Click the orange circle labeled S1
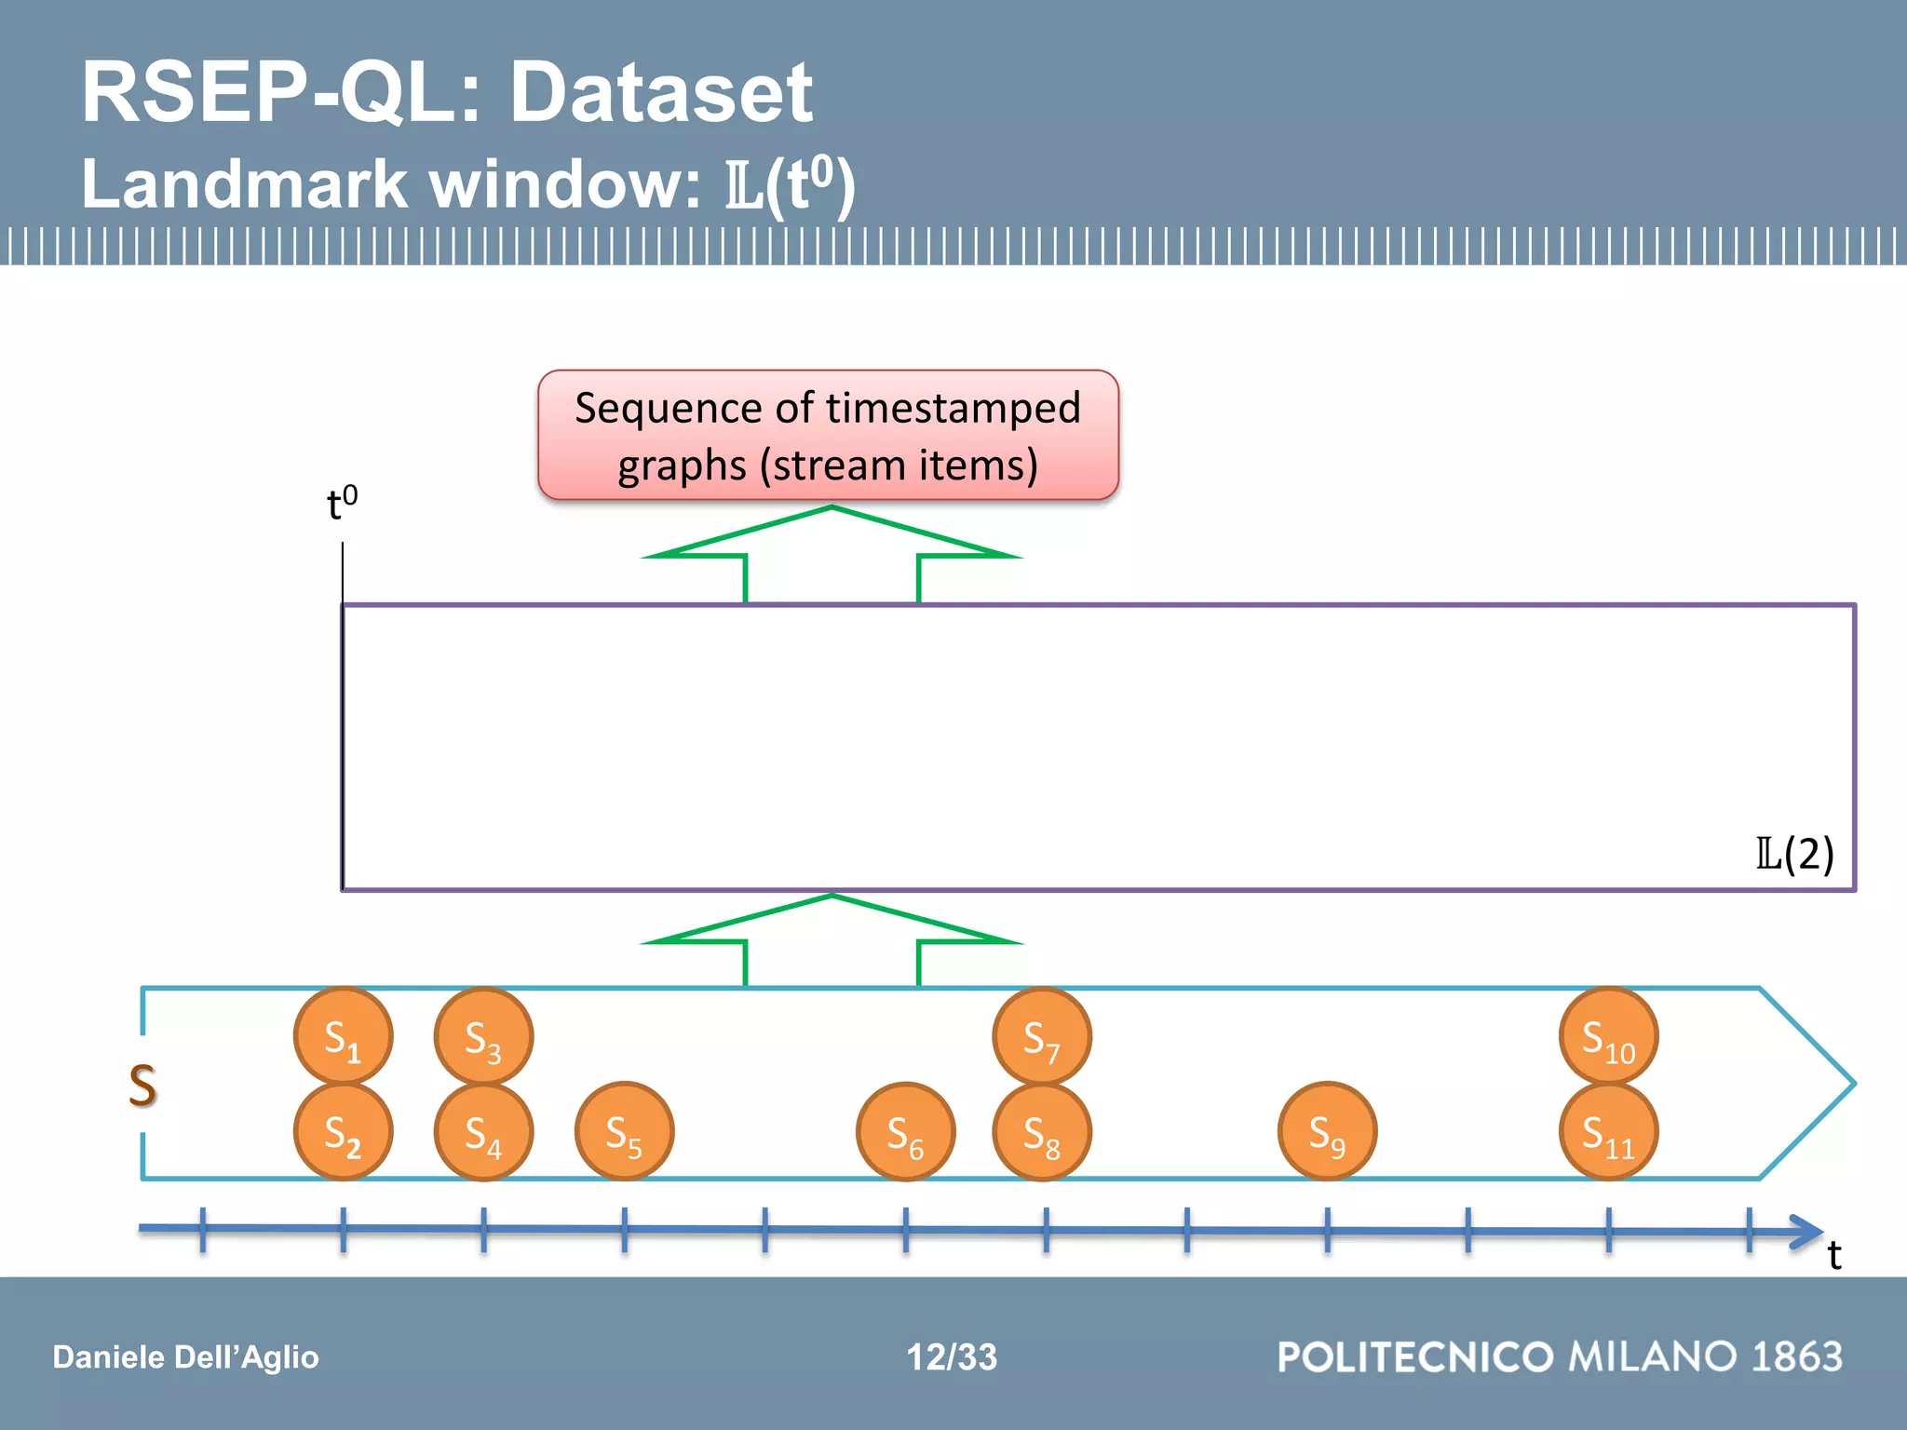click(x=343, y=1036)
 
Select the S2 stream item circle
click(x=343, y=1132)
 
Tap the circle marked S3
click(x=483, y=1036)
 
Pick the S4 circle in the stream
click(x=483, y=1132)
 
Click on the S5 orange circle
click(x=624, y=1132)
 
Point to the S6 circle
click(x=905, y=1132)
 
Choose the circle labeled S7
click(x=1042, y=1036)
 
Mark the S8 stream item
click(x=1042, y=1132)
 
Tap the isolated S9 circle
click(x=1327, y=1132)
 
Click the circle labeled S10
click(x=1608, y=1036)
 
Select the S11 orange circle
click(x=1608, y=1132)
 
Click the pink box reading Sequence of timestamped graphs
click(x=828, y=436)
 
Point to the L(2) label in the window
click(x=1794, y=853)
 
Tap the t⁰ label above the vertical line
click(x=342, y=503)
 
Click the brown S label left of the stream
click(x=142, y=1086)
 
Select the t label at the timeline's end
click(x=1833, y=1255)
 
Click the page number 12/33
click(x=952, y=1356)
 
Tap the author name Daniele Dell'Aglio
click(x=185, y=1356)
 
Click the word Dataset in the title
click(x=661, y=92)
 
